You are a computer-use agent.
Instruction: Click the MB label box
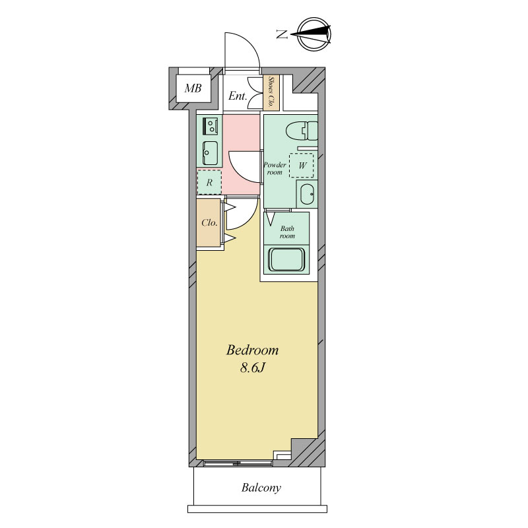(x=193, y=88)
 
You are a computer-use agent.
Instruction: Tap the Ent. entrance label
(x=238, y=96)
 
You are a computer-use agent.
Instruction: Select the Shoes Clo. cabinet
(x=271, y=92)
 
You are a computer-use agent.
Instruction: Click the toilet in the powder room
(x=302, y=131)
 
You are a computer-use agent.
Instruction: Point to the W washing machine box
(x=302, y=166)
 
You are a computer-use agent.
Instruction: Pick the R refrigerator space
(x=209, y=182)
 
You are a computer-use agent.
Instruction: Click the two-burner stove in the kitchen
(x=211, y=126)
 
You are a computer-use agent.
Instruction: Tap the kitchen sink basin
(x=210, y=153)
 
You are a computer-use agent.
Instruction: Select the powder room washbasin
(x=308, y=194)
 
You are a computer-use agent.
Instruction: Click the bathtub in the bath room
(x=286, y=259)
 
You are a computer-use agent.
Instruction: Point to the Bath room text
(x=287, y=232)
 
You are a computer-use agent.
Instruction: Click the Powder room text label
(x=275, y=168)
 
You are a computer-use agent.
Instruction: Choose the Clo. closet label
(x=209, y=222)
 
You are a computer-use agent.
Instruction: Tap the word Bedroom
(x=252, y=350)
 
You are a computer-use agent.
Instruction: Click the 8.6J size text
(x=253, y=368)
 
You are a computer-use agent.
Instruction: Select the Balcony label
(x=261, y=488)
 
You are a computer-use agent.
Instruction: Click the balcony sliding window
(x=238, y=463)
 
